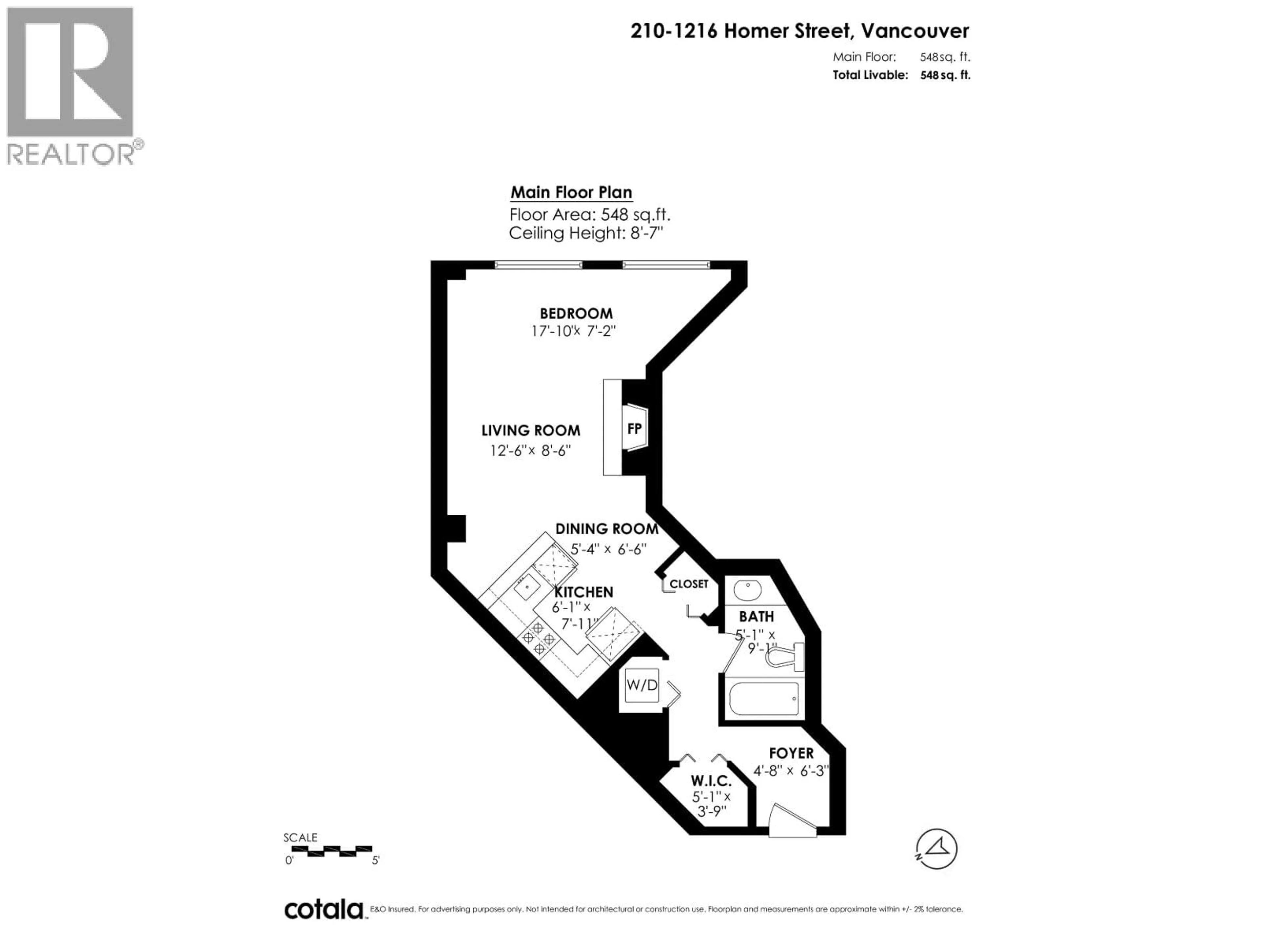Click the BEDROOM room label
click(576, 314)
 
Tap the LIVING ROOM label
click(531, 431)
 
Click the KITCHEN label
click(584, 592)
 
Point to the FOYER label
click(791, 753)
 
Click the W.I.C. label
click(711, 781)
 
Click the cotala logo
click(323, 910)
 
